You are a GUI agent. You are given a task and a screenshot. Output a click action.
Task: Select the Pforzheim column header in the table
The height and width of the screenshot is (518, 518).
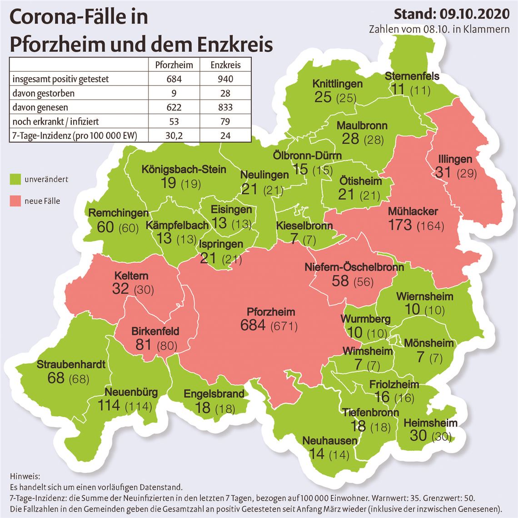tap(174, 65)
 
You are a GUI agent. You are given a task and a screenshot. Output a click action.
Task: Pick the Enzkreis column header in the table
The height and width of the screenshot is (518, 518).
tap(225, 65)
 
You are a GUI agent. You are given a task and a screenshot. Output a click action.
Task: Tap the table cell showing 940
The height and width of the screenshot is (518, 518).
tap(225, 79)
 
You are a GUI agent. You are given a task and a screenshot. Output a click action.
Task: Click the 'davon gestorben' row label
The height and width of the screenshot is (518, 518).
tap(44, 93)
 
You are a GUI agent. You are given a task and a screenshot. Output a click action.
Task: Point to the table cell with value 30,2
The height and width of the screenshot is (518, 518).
tap(174, 135)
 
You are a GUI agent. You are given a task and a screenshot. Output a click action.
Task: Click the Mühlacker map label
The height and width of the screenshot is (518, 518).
tap(413, 211)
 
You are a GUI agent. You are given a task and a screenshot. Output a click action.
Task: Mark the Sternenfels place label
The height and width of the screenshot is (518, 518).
tap(412, 76)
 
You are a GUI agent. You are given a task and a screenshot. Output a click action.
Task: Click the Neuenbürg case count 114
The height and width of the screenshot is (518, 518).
tap(109, 405)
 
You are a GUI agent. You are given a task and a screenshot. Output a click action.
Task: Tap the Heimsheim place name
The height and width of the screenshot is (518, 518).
tap(430, 423)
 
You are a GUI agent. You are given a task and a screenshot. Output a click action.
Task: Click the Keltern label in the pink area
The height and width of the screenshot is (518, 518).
tap(131, 276)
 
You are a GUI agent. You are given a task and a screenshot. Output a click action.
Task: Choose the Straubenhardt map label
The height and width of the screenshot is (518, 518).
tap(71, 364)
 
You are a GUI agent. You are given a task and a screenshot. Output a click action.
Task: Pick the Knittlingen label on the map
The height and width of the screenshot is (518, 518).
tap(338, 84)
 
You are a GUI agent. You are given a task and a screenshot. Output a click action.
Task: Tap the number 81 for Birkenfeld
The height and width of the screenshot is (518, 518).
tap(144, 344)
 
